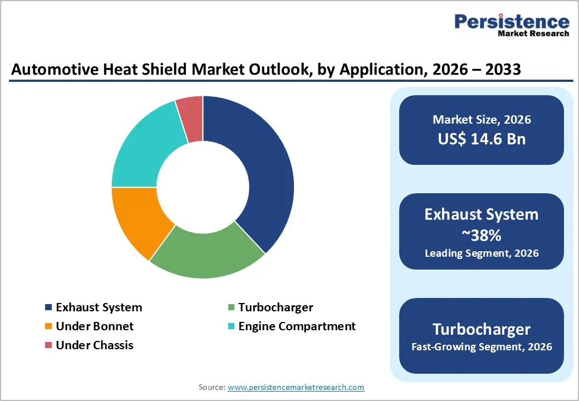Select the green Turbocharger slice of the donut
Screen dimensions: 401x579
pos(206,253)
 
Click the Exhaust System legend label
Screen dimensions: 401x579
pos(99,307)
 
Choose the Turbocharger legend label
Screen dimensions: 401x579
pos(276,307)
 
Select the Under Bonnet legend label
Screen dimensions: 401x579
pos(95,326)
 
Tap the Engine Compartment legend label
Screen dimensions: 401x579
pos(297,326)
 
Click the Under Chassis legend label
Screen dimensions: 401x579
pos(95,345)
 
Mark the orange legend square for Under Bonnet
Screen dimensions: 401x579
pos(48,326)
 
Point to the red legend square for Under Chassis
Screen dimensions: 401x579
pos(48,345)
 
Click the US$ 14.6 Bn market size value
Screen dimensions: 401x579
pos(482,139)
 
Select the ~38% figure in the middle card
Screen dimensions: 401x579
pos(482,235)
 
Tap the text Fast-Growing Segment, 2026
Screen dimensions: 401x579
pos(482,347)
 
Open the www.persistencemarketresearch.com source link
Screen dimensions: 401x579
pos(296,387)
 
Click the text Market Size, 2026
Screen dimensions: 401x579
pos(482,120)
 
